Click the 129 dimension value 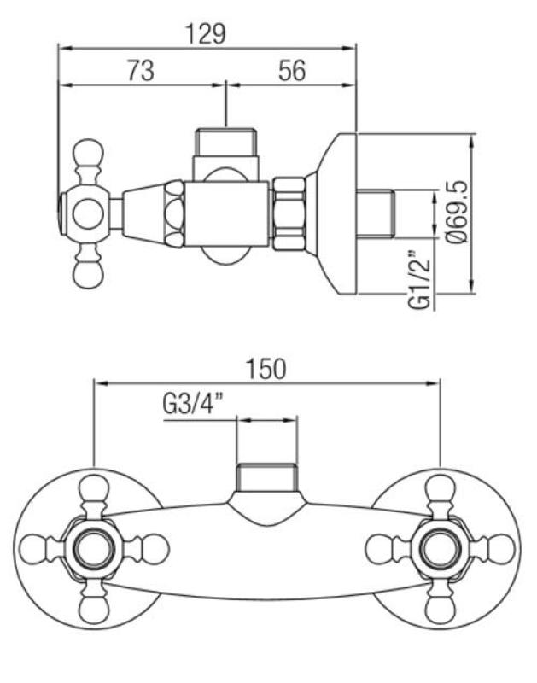coord(205,33)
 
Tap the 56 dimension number coord(292,72)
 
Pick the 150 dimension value coord(266,368)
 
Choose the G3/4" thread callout coord(192,405)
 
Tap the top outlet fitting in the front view coord(267,478)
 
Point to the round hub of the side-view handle coord(89,213)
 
